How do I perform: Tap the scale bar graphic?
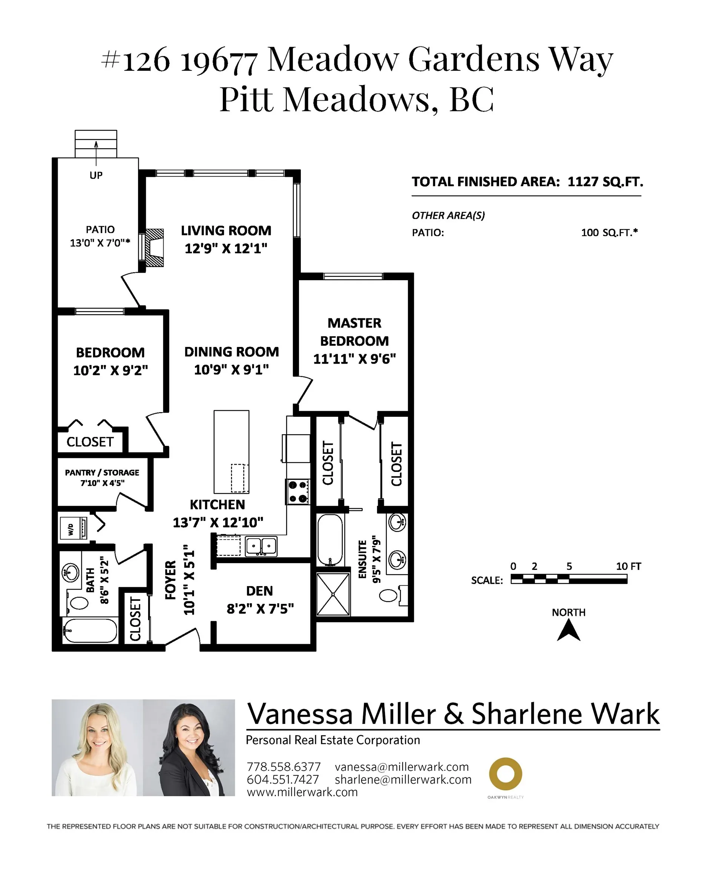click(569, 579)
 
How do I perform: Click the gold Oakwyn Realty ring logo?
click(505, 774)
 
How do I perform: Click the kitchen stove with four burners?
click(298, 491)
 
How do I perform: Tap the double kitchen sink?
click(261, 546)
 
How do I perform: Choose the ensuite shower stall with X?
click(333, 594)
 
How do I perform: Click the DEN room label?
click(259, 591)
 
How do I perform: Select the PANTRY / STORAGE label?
click(102, 473)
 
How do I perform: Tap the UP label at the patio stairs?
click(96, 175)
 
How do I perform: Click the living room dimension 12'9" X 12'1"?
click(226, 248)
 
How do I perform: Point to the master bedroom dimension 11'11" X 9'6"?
click(354, 359)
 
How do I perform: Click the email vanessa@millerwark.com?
click(402, 767)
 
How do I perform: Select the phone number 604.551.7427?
click(283, 779)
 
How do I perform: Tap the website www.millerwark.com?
click(302, 792)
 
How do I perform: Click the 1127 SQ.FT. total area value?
click(605, 181)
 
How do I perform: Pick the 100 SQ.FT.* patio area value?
click(609, 232)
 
